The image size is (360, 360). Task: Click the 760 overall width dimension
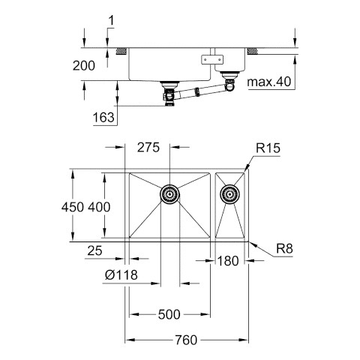(x=186, y=340)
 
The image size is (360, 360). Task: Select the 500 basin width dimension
(x=169, y=314)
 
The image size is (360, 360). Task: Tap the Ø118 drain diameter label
(x=121, y=275)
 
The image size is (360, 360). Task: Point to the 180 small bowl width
(x=228, y=261)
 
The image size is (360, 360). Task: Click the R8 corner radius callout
(x=284, y=249)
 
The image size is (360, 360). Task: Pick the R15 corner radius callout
(x=268, y=148)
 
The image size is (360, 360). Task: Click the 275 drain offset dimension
(x=148, y=147)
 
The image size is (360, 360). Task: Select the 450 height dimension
(x=73, y=207)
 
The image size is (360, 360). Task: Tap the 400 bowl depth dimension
(x=99, y=207)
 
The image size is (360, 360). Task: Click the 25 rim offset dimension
(x=94, y=250)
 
